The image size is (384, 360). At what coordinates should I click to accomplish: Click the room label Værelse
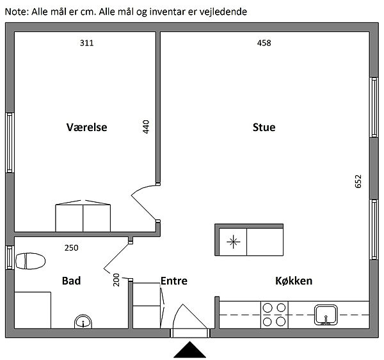pyautogui.click(x=86, y=127)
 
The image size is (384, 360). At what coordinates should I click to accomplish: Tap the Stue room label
pyautogui.click(x=264, y=127)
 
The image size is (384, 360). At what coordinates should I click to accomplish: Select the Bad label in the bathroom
pyautogui.click(x=71, y=281)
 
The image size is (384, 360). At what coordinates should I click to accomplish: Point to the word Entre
pyautogui.click(x=174, y=281)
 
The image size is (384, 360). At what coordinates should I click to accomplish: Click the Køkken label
pyautogui.click(x=294, y=281)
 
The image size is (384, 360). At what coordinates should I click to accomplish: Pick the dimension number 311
pyautogui.click(x=86, y=43)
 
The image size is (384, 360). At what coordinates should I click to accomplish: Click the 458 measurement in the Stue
pyautogui.click(x=264, y=43)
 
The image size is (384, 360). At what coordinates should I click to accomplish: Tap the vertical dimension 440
pyautogui.click(x=146, y=127)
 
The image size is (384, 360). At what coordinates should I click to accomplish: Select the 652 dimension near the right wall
pyautogui.click(x=358, y=182)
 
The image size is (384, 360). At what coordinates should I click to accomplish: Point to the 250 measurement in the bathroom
pyautogui.click(x=72, y=248)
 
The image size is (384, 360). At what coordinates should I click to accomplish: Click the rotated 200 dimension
pyautogui.click(x=116, y=280)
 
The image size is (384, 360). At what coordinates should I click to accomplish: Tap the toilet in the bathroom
pyautogui.click(x=30, y=261)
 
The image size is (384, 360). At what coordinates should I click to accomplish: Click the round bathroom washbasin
pyautogui.click(x=83, y=322)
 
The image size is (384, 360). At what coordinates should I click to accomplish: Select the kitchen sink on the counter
pyautogui.click(x=326, y=315)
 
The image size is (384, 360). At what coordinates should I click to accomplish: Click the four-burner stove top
pyautogui.click(x=275, y=315)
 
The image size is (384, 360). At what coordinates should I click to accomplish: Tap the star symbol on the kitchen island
pyautogui.click(x=234, y=242)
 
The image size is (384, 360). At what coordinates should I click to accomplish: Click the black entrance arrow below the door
pyautogui.click(x=190, y=350)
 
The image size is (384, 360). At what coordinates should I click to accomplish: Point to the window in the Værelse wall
pyautogui.click(x=10, y=143)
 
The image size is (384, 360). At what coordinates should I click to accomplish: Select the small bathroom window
pyautogui.click(x=10, y=258)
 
